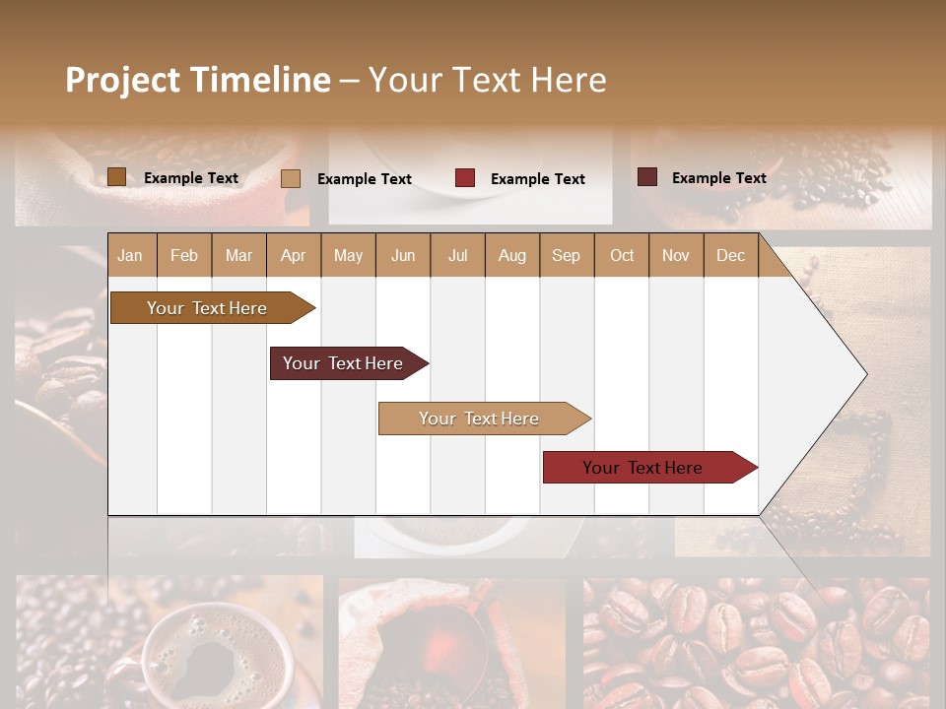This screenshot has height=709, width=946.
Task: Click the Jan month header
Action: click(130, 255)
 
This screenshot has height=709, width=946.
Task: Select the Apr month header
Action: click(293, 255)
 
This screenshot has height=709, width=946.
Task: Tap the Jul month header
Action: click(457, 255)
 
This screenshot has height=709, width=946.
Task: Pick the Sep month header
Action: click(566, 255)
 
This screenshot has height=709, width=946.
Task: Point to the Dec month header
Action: click(730, 255)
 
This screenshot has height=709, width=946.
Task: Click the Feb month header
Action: click(184, 255)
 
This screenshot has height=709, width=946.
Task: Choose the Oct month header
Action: click(622, 255)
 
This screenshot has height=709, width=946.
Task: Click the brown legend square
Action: click(116, 177)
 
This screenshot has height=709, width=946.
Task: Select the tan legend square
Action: click(291, 178)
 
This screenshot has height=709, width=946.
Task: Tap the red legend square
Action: click(465, 178)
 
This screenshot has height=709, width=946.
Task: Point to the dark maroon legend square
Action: click(646, 177)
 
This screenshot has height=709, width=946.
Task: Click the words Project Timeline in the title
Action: click(197, 80)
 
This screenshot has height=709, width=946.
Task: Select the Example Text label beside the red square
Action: click(537, 179)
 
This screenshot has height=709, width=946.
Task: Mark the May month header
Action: click(348, 255)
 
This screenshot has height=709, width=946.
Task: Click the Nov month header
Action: click(676, 255)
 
